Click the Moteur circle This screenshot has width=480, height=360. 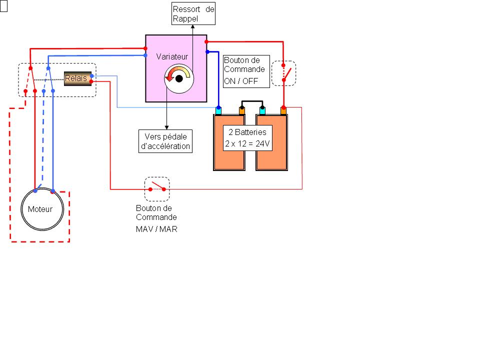[x=42, y=209]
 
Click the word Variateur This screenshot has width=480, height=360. [x=172, y=56]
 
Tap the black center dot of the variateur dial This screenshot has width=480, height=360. [x=178, y=78]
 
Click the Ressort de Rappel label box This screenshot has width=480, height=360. [x=193, y=13]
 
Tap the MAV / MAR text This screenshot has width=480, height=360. [x=156, y=229]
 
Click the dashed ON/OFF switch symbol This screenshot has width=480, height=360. [x=283, y=73]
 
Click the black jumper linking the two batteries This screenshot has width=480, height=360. [x=252, y=103]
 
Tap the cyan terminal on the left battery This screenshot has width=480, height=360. [x=218, y=110]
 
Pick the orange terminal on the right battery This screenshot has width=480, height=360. [x=283, y=110]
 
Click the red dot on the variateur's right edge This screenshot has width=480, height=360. [x=206, y=41]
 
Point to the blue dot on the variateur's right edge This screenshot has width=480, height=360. [x=206, y=51]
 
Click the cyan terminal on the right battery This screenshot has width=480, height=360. [x=262, y=110]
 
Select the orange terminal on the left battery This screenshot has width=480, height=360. [x=241, y=110]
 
